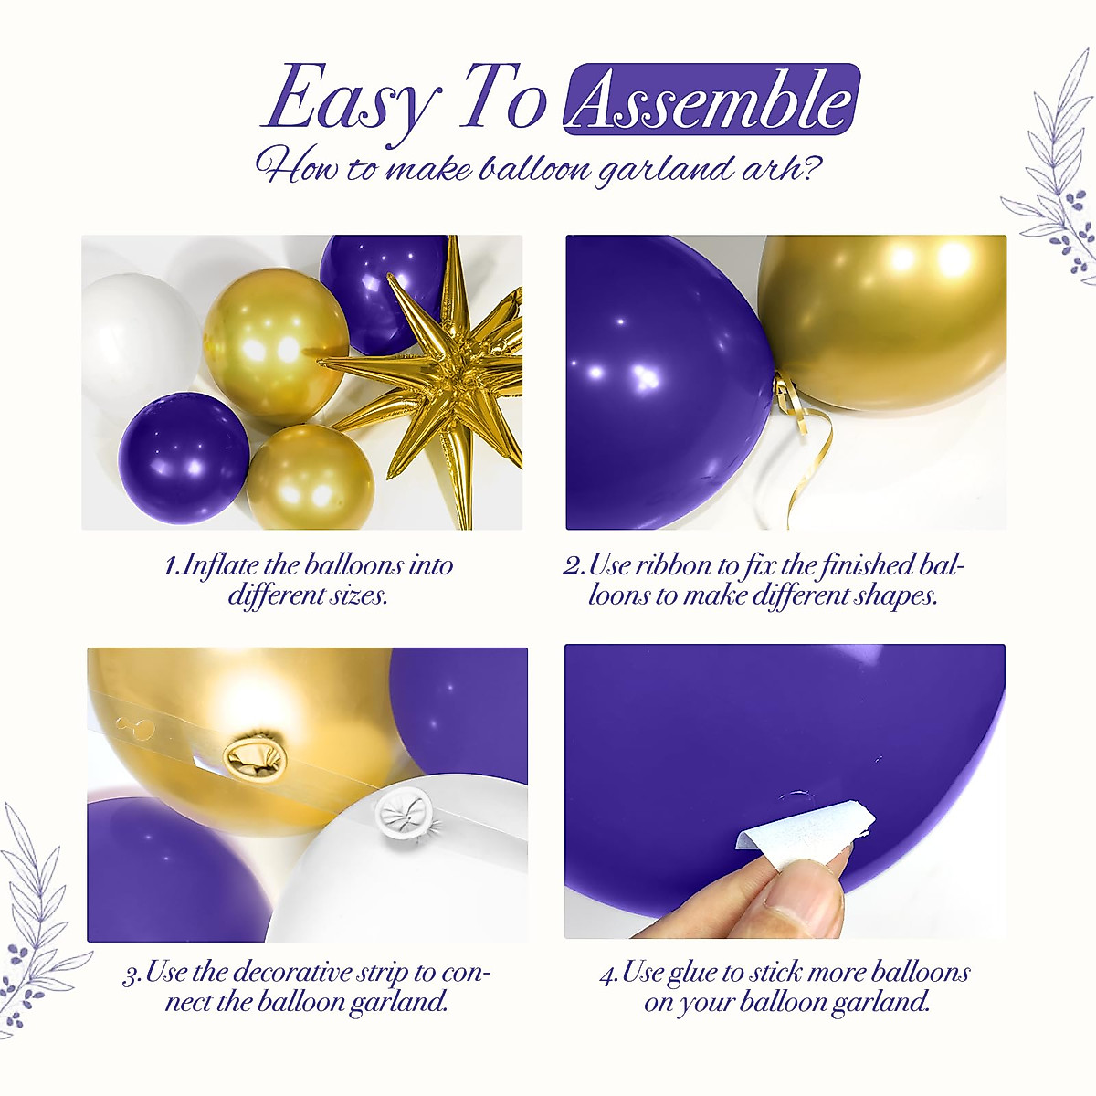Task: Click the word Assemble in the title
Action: click(711, 100)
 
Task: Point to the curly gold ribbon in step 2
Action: click(804, 438)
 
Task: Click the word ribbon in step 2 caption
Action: click(672, 565)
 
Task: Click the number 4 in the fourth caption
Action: click(607, 974)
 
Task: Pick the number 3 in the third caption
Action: click(131, 974)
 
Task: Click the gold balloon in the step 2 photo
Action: click(881, 320)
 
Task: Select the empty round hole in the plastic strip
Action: click(137, 726)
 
